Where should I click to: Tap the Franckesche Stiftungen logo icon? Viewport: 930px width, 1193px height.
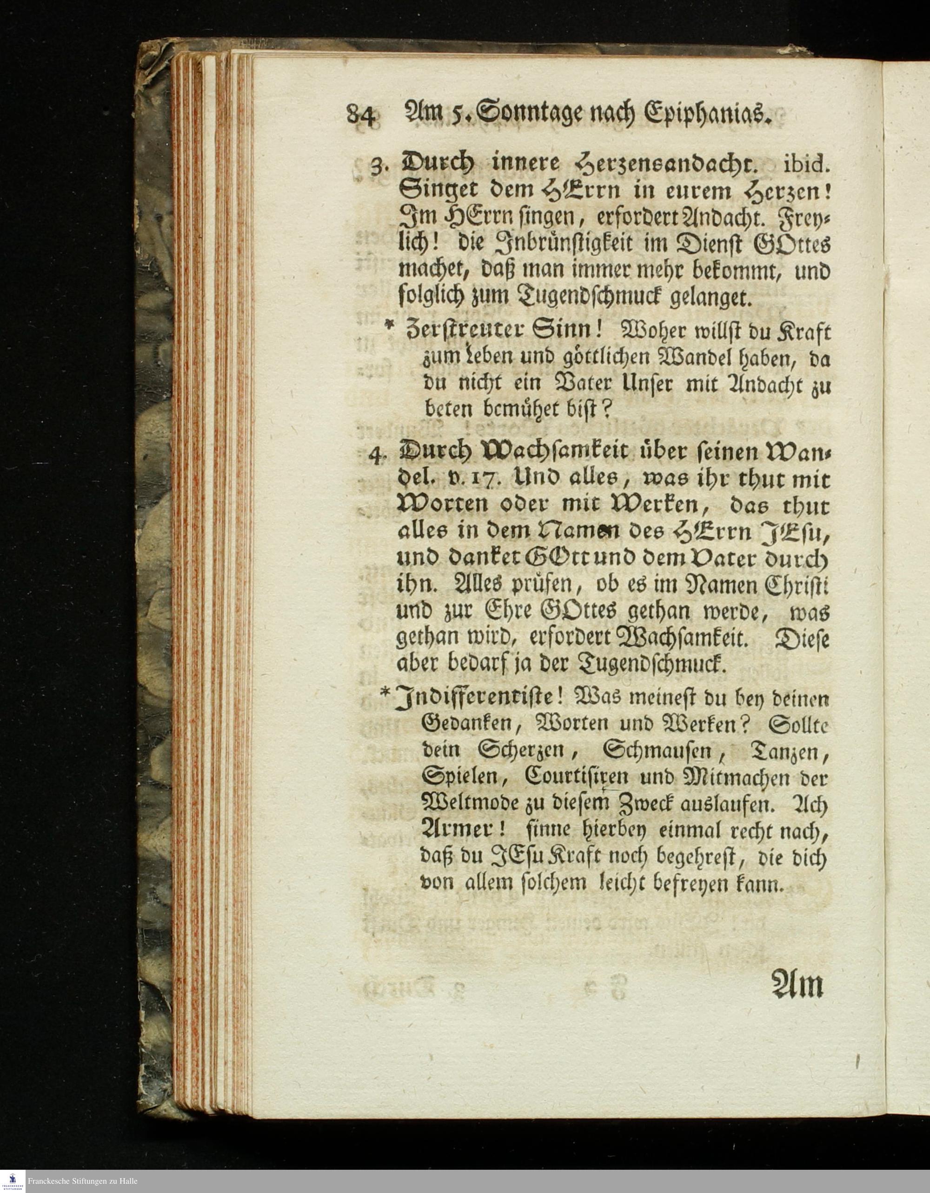coord(13,1180)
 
